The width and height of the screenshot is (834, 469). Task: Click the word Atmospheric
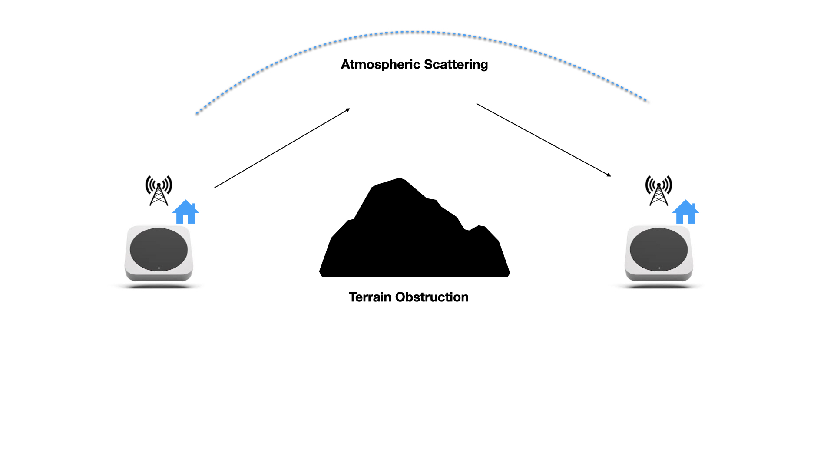[381, 65]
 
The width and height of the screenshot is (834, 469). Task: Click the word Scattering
[456, 65]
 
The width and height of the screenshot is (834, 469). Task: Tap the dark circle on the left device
[159, 249]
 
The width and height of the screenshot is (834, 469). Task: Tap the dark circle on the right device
[659, 249]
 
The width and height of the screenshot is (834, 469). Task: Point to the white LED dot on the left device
[159, 268]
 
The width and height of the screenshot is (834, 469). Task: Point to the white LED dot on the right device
[659, 268]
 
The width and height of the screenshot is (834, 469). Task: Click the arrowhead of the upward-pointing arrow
[349, 109]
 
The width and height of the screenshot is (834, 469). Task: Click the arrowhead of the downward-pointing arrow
[610, 175]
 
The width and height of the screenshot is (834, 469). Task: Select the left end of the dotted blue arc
[197, 114]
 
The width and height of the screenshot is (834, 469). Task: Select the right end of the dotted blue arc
[648, 101]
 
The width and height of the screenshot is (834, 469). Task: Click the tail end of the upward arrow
[215, 188]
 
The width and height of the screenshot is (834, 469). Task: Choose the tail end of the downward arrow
[477, 104]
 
